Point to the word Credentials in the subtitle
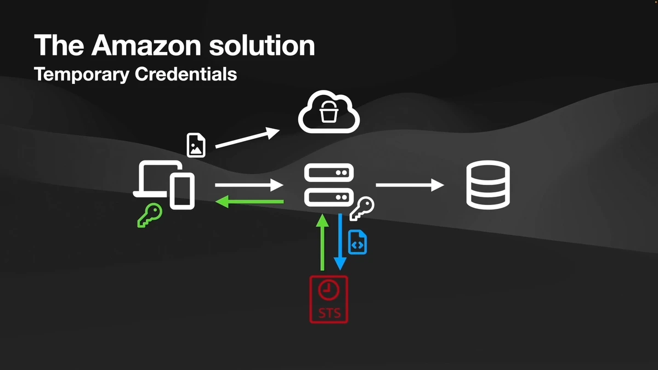(185, 74)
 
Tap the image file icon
(196, 145)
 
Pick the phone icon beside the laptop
(182, 191)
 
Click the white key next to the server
(361, 209)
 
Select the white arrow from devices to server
(249, 186)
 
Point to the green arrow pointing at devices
(249, 202)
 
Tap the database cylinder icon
(488, 185)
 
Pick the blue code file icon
(358, 242)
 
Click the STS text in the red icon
(329, 314)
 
